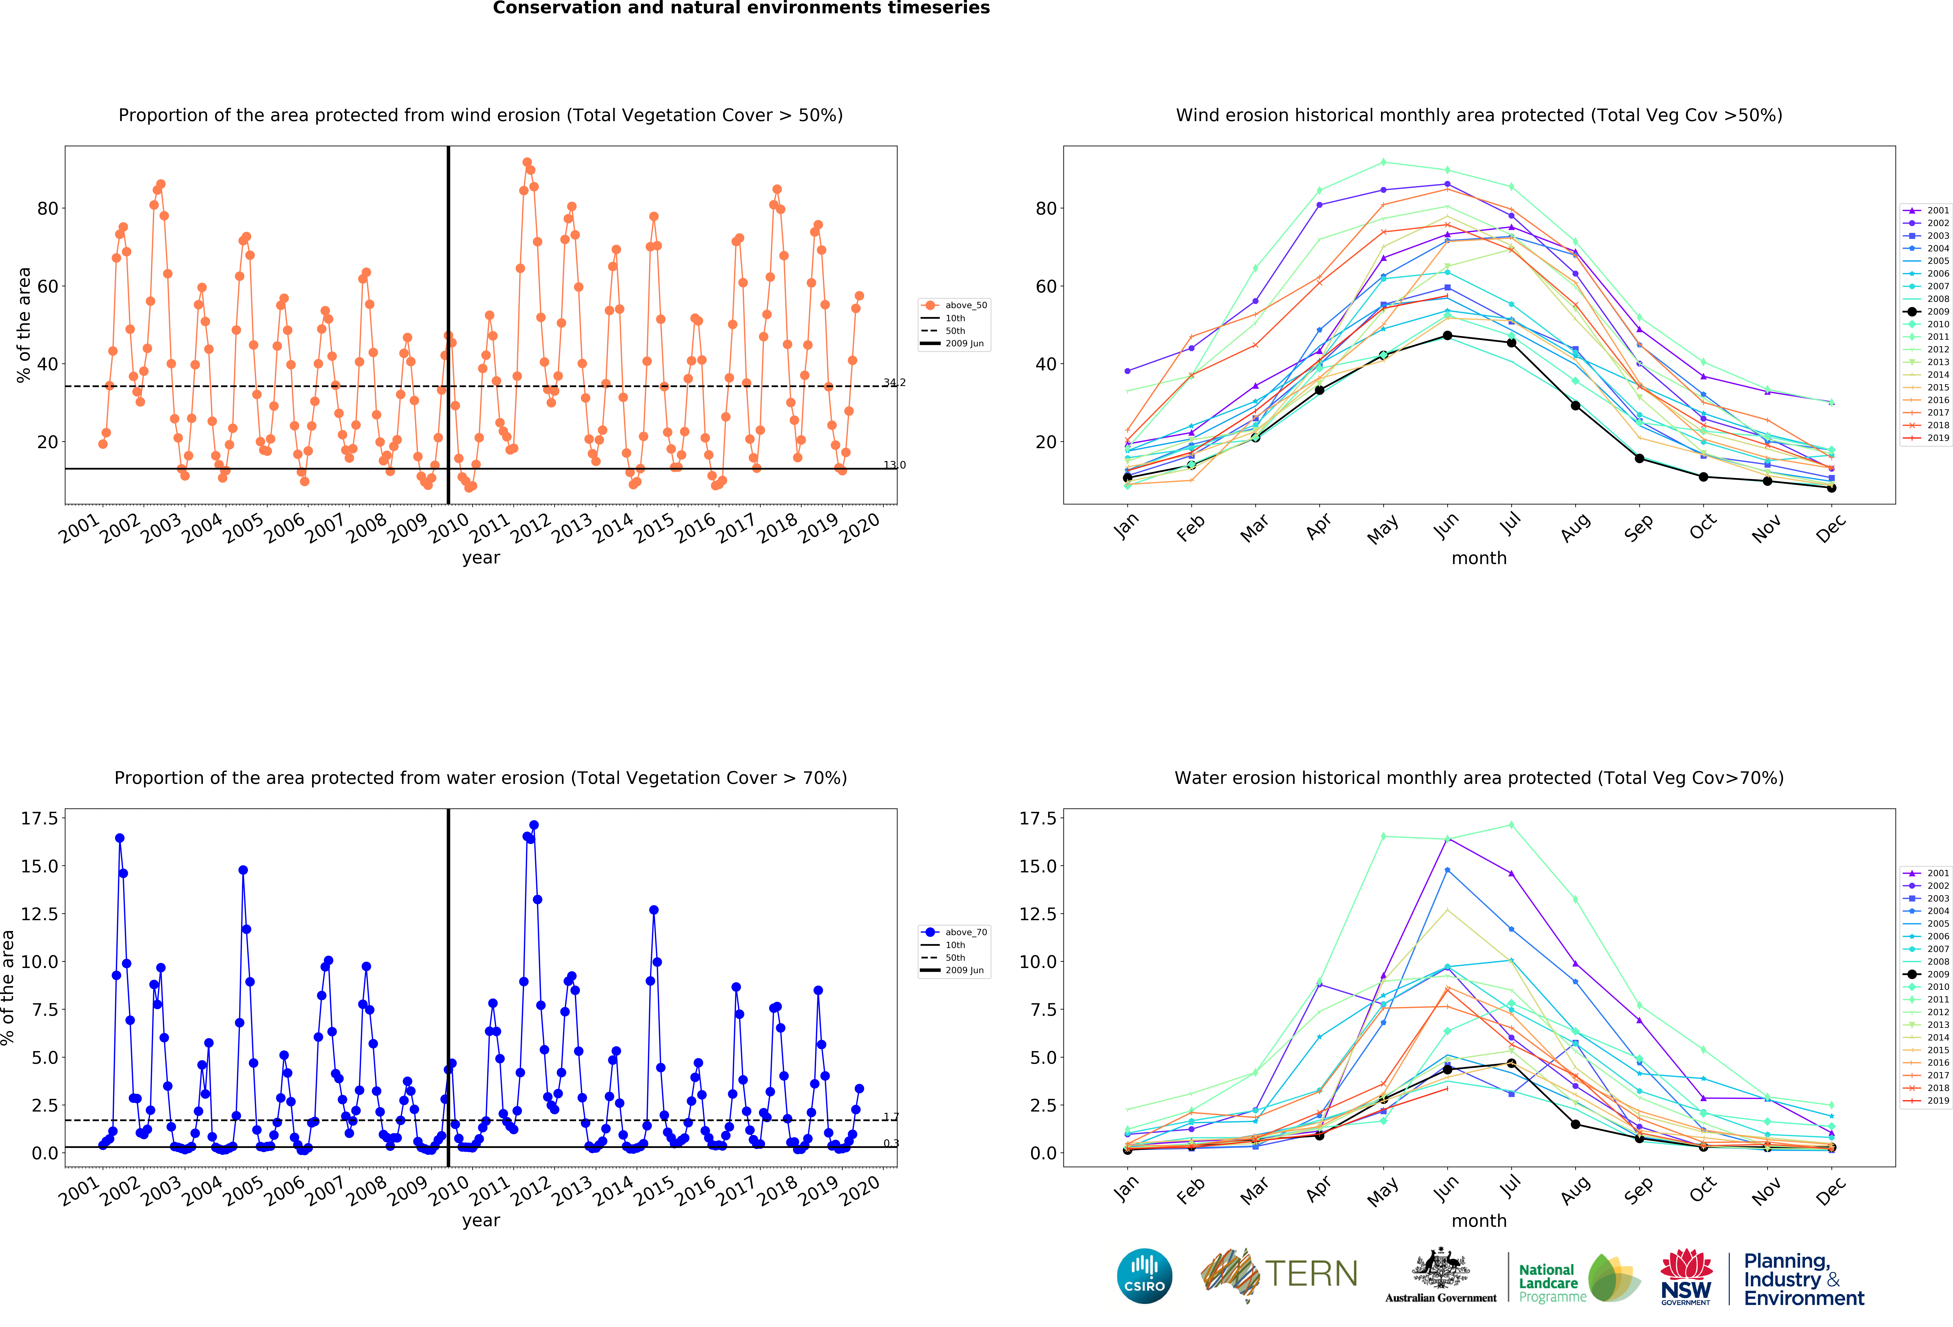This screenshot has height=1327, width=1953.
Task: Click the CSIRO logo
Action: [1145, 1276]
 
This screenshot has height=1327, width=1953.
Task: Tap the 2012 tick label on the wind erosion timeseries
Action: [531, 528]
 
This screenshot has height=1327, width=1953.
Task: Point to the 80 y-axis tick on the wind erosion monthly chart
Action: [1046, 208]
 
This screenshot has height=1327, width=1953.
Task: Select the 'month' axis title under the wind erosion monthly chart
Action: [1479, 558]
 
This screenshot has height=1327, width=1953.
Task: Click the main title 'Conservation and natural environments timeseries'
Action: [741, 8]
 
